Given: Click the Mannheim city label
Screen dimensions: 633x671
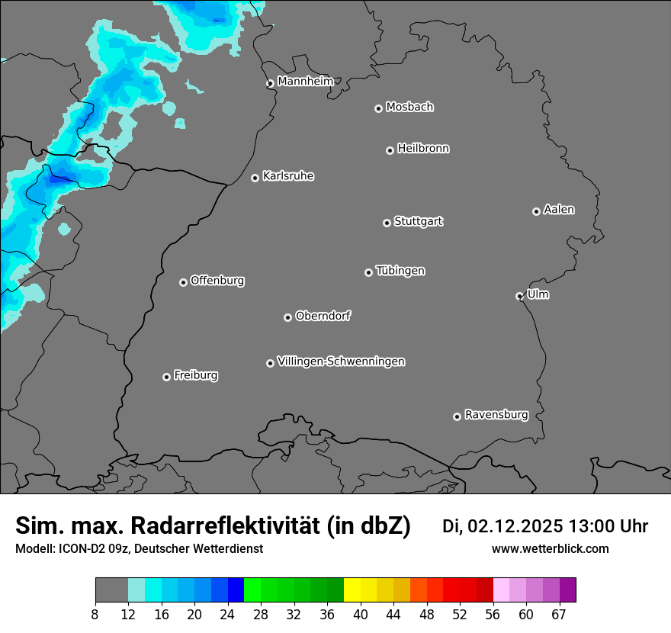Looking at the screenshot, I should pos(305,82).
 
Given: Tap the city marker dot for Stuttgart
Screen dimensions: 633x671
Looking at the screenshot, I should pos(387,223).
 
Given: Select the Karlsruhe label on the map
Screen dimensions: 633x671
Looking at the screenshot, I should pos(288,176).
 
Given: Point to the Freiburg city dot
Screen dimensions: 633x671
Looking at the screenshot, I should pos(166,377).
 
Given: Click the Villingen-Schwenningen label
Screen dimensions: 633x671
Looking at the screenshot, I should pos(341,361).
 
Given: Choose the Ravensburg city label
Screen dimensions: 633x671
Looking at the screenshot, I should pos(496,415).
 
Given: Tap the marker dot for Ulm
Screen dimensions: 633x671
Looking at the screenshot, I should pos(519,296).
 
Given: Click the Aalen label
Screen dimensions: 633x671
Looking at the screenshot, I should pos(559,210).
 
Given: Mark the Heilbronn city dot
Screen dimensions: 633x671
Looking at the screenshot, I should pos(390,150).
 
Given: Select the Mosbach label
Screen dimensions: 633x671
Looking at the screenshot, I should pos(409,108).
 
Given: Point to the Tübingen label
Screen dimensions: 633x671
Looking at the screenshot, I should pos(400,271).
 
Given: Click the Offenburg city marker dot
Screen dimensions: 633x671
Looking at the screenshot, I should pos(183,282).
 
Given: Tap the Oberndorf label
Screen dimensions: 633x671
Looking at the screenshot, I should pos(323,316).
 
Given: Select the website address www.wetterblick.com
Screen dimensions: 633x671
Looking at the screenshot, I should pos(550,549).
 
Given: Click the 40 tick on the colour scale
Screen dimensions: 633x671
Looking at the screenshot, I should pos(361,615).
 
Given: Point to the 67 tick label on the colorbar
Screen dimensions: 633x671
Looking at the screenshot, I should pos(559,615).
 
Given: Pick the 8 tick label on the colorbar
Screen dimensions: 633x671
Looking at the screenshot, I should pos(95,615).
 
